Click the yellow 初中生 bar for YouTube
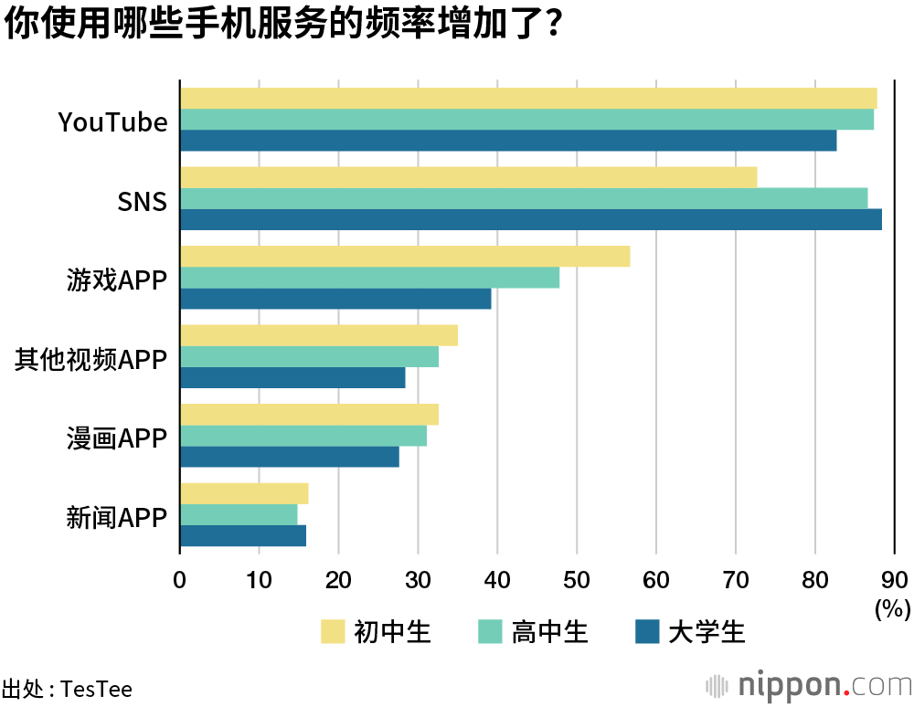point(528,99)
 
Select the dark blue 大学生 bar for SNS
point(530,220)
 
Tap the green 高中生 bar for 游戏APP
point(369,278)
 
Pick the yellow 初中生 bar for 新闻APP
point(244,493)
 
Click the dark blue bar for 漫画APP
point(289,457)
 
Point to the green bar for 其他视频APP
point(309,357)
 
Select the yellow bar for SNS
point(468,177)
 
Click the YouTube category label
point(113,121)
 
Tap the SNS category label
point(143,201)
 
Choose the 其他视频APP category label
point(90,359)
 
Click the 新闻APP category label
point(117,518)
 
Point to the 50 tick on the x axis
point(577,579)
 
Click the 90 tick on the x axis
point(895,579)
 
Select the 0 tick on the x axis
point(180,579)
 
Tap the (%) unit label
point(892,607)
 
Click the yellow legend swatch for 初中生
point(333,631)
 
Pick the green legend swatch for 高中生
point(490,631)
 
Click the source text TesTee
point(96,689)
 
